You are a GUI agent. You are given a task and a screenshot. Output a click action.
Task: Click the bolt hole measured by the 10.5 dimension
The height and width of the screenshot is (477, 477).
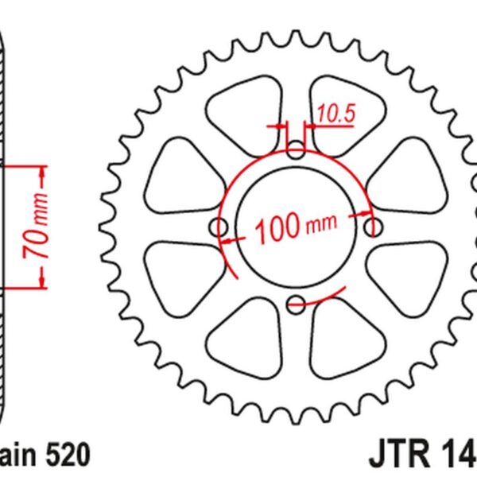(296, 150)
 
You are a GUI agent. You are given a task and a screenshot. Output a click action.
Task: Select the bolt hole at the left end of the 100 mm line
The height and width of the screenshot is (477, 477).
(219, 227)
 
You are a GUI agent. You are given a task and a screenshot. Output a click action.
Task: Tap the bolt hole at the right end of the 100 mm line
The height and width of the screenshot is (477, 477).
(372, 227)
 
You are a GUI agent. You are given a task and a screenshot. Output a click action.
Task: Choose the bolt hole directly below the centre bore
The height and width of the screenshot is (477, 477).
(296, 303)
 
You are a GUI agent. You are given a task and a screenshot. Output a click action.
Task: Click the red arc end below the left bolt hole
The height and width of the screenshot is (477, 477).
(235, 276)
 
